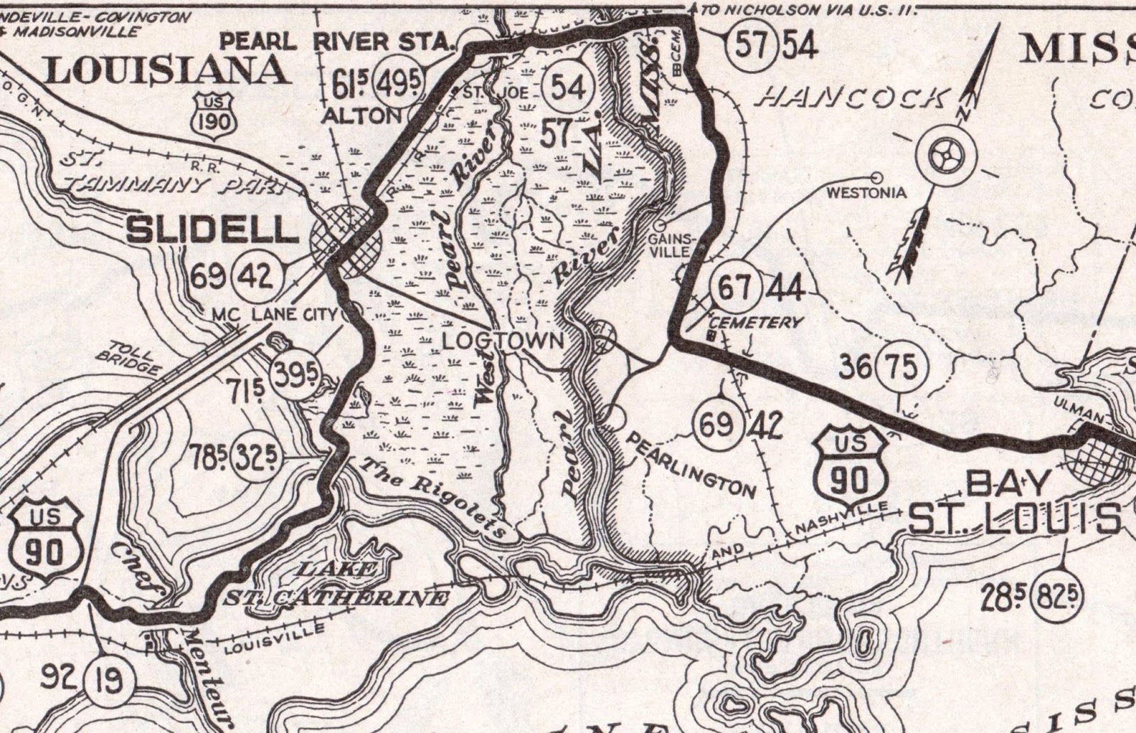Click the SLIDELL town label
[212, 229]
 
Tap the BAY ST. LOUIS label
[1015, 503]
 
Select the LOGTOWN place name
[503, 341]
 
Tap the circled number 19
[109, 680]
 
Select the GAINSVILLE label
[669, 246]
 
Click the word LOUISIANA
[168, 70]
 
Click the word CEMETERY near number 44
[755, 322]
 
